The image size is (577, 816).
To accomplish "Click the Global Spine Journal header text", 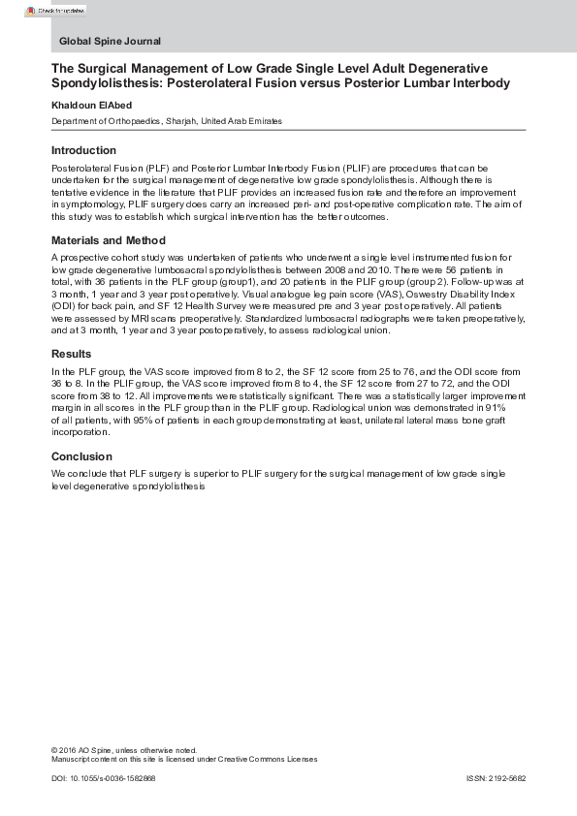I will [x=110, y=42].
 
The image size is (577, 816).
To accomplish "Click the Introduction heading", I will [x=83, y=151].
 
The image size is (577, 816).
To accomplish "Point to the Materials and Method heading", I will [x=109, y=241].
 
